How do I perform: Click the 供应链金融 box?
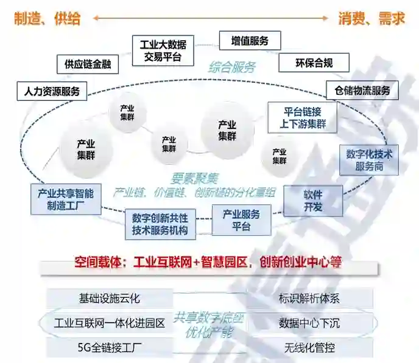click(x=88, y=64)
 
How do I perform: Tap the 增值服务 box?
click(x=250, y=41)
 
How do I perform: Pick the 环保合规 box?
click(x=314, y=62)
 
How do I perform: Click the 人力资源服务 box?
click(x=52, y=92)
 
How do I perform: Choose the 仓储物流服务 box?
click(x=362, y=91)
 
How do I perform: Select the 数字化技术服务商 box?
click(x=369, y=160)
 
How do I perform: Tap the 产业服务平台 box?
click(x=241, y=220)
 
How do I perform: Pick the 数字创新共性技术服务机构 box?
click(x=160, y=224)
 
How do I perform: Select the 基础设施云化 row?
click(x=110, y=298)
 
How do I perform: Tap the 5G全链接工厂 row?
click(x=110, y=348)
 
